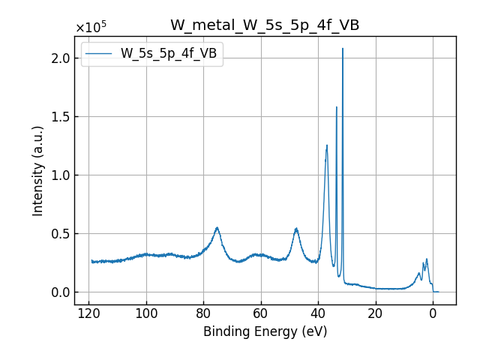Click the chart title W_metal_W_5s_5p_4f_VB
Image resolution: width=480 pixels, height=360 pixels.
[265, 25]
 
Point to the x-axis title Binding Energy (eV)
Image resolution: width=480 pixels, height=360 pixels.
[265, 331]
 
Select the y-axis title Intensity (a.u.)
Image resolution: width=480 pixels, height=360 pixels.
[38, 171]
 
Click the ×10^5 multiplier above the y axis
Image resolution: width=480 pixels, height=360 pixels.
[91, 28]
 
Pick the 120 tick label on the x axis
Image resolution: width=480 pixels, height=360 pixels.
[88, 313]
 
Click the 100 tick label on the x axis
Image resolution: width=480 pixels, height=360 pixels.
[146, 313]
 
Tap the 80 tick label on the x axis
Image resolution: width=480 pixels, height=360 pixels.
[203, 313]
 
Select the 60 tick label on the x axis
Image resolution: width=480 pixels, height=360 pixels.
[261, 313]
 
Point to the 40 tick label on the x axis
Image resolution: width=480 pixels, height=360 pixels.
[318, 313]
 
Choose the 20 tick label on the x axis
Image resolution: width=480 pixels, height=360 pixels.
[375, 313]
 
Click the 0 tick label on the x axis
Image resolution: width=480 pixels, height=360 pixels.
[433, 313]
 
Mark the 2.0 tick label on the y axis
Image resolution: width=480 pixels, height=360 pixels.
[61, 58]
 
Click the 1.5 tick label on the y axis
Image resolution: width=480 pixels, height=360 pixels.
[61, 117]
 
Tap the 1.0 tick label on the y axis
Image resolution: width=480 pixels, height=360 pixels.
[61, 175]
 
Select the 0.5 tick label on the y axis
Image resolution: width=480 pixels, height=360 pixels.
[61, 234]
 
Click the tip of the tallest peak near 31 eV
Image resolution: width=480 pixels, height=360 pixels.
[343, 49]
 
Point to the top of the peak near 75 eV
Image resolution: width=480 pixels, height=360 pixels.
[217, 227]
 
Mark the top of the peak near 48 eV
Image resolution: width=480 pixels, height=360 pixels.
[296, 228]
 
